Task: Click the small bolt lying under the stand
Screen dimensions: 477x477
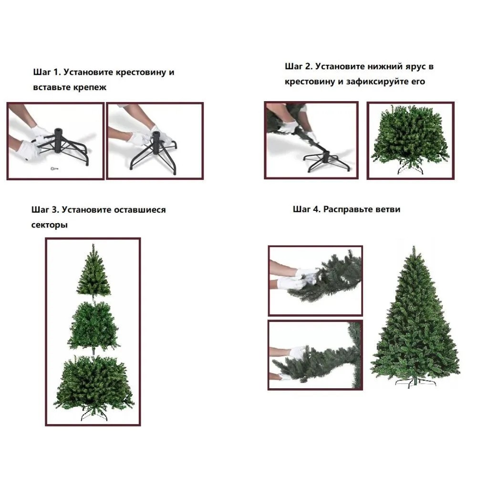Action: click(54, 168)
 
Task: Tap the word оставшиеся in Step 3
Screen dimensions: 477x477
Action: click(140, 210)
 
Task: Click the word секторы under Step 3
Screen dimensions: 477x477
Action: click(49, 225)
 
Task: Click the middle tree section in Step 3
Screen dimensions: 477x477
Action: click(93, 327)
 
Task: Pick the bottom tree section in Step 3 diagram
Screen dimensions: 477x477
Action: click(93, 387)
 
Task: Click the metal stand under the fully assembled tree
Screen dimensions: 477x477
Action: click(415, 382)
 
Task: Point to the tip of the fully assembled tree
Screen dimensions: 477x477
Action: click(414, 247)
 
